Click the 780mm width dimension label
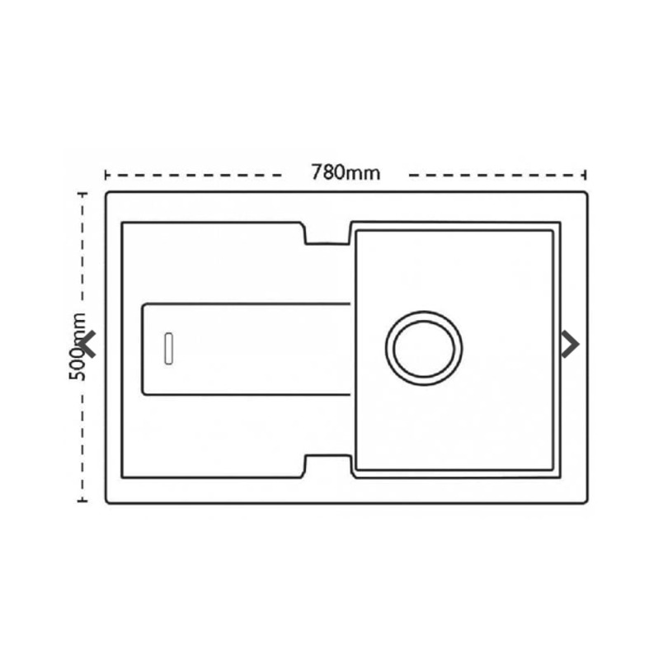tap(346, 172)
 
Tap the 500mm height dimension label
tap(78, 346)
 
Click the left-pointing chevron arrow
tap(88, 344)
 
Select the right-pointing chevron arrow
tap(571, 344)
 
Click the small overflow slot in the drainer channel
tap(169, 349)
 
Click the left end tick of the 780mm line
tap(106, 175)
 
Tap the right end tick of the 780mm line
tap(586, 175)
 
